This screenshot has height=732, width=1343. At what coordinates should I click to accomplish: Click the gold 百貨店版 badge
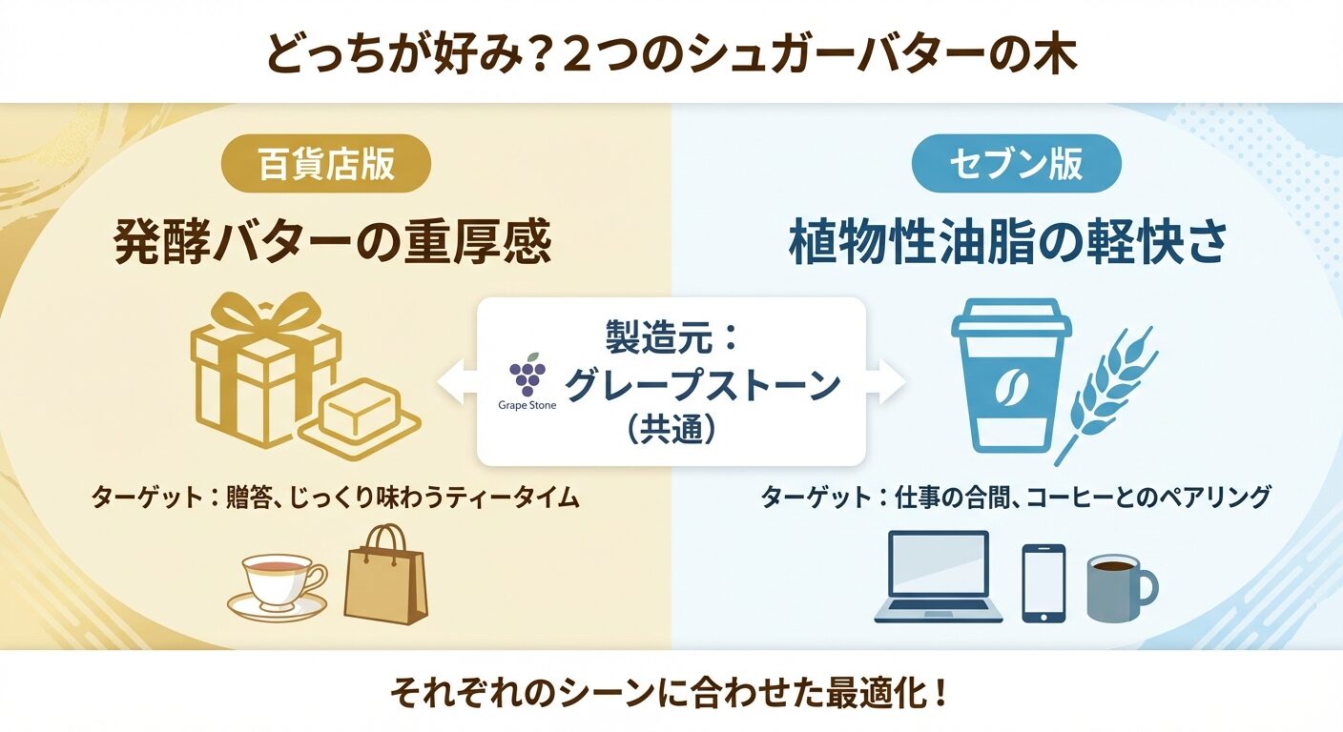[326, 164]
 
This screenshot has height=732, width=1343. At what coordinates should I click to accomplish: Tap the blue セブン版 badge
[1016, 164]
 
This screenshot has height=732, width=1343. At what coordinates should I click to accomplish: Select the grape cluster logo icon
[527, 374]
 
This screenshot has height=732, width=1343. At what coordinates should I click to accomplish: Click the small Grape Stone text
[527, 405]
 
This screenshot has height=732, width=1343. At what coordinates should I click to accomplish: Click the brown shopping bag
[385, 574]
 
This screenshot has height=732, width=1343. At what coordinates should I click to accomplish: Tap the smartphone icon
[1043, 583]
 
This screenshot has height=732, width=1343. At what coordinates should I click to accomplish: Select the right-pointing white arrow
[885, 381]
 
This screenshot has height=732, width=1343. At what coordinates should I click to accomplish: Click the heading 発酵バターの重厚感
[332, 242]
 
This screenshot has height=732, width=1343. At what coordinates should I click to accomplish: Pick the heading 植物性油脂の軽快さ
[1006, 242]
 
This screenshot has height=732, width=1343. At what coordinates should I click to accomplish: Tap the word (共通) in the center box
[671, 430]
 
